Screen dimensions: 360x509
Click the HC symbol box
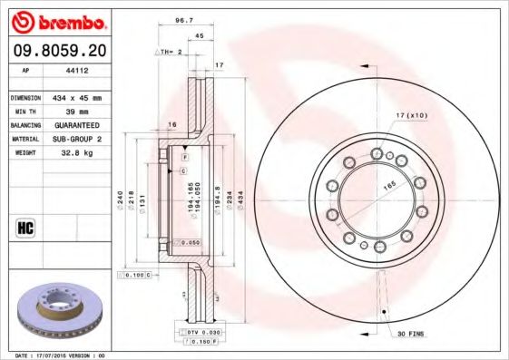(x=25, y=227)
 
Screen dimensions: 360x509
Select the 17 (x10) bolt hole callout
(x=410, y=114)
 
